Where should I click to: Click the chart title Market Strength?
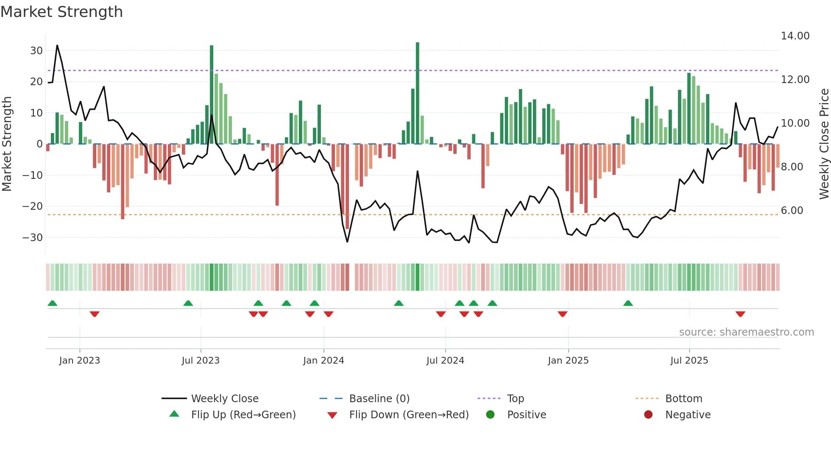(61, 12)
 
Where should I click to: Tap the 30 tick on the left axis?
(36, 51)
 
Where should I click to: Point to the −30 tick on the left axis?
(33, 238)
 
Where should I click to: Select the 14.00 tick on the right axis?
(795, 36)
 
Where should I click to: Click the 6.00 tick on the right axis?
(792, 211)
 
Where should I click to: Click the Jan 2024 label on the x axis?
(323, 361)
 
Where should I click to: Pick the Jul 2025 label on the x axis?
(689, 361)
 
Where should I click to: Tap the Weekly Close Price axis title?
(824, 144)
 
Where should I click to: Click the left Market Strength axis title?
(7, 144)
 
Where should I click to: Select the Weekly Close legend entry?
(224, 399)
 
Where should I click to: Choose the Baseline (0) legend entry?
(379, 399)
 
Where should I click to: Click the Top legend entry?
(515, 399)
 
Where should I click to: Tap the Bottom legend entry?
(683, 399)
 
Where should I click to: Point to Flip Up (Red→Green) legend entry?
(243, 415)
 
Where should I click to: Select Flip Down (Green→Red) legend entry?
(409, 415)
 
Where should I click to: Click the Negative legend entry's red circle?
(648, 414)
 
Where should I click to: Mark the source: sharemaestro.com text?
(746, 332)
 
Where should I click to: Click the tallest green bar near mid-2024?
(418, 93)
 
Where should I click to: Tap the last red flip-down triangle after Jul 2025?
(740, 314)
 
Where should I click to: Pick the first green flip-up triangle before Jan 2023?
(53, 303)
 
